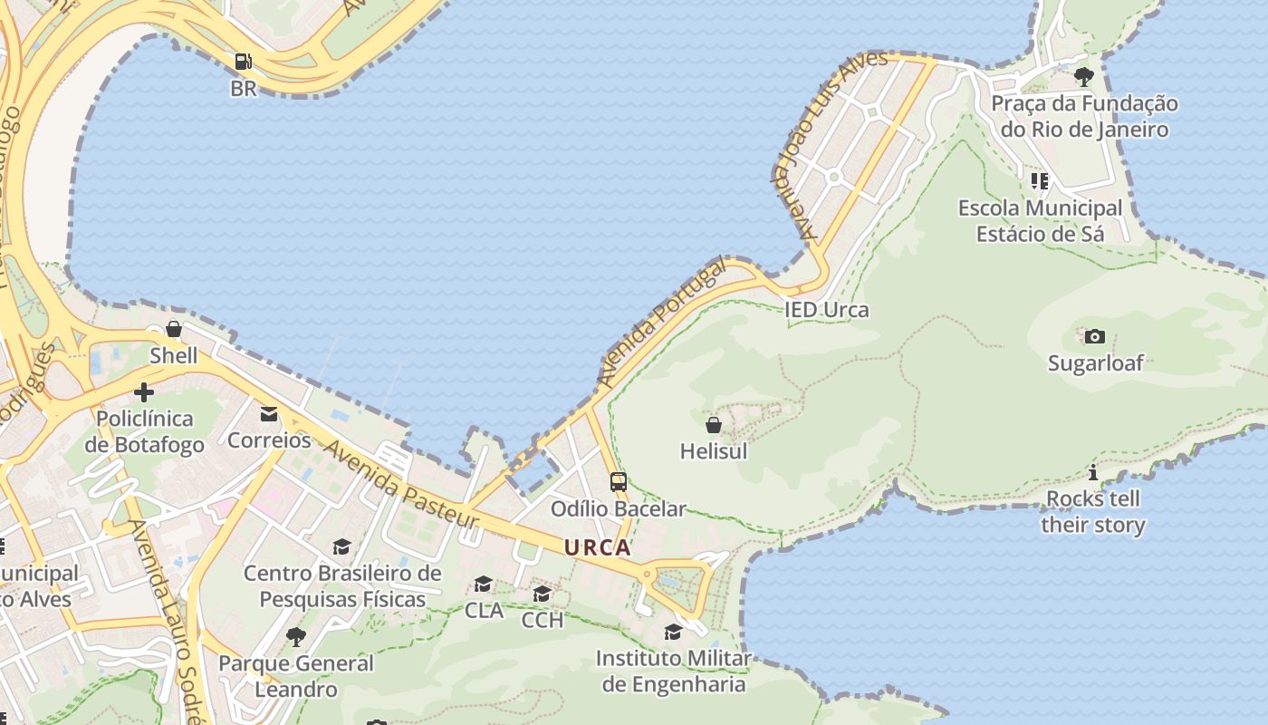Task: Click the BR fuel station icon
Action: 243,62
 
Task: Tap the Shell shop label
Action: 173,355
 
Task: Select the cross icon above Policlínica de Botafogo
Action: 143,392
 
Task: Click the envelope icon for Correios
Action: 269,414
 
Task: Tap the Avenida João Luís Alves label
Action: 831,145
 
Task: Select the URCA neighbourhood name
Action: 598,547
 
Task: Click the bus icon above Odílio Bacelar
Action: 619,482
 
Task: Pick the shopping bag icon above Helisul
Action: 714,424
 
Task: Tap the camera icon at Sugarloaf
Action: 1095,337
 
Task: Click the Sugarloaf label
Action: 1095,363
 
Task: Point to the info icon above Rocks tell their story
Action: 1093,472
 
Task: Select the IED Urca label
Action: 826,310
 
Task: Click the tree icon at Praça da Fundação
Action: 1084,77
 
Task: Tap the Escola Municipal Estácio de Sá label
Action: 1040,221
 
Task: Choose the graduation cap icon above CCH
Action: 542,594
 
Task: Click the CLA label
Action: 484,611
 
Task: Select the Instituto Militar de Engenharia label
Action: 673,671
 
